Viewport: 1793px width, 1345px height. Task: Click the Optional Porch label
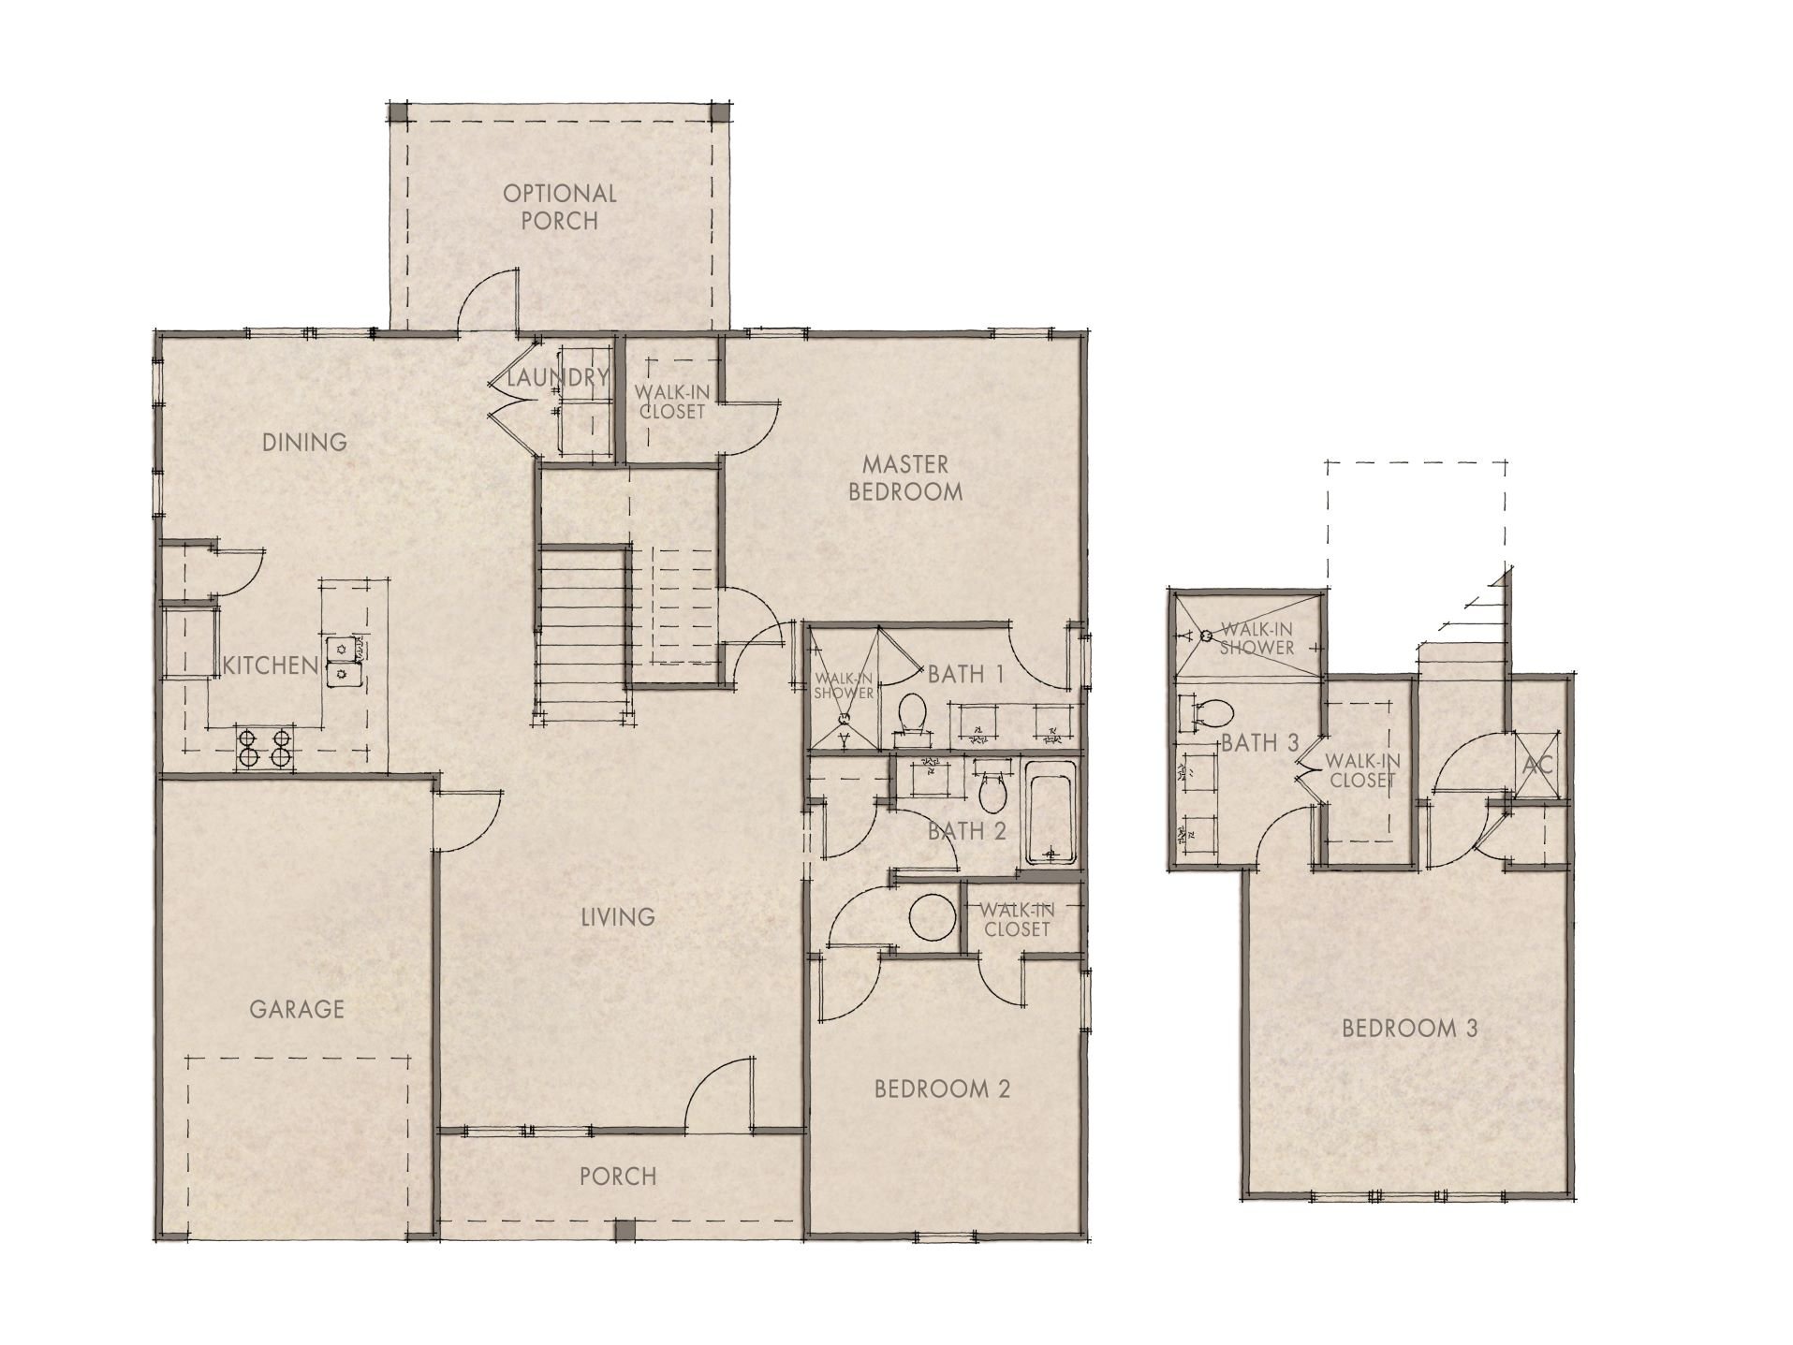click(560, 207)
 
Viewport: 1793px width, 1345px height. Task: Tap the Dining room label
click(304, 442)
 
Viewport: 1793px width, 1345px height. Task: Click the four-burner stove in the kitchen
click(264, 749)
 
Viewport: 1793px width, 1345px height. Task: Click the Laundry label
click(558, 378)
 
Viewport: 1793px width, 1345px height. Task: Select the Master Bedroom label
click(904, 477)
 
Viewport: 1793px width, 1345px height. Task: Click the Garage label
click(297, 1009)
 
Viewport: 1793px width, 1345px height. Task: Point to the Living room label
click(617, 916)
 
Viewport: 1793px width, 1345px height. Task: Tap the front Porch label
click(617, 1176)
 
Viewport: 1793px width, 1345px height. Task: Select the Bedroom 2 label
click(942, 1089)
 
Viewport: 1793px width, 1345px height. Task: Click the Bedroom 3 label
click(1409, 1028)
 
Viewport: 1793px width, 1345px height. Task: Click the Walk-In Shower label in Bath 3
click(1257, 639)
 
